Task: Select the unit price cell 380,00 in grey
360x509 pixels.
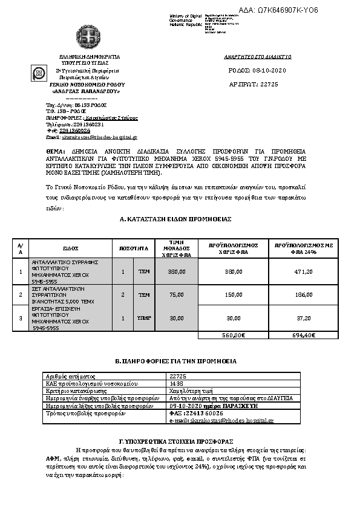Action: pos(176,272)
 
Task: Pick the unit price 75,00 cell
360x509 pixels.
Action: pos(176,295)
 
